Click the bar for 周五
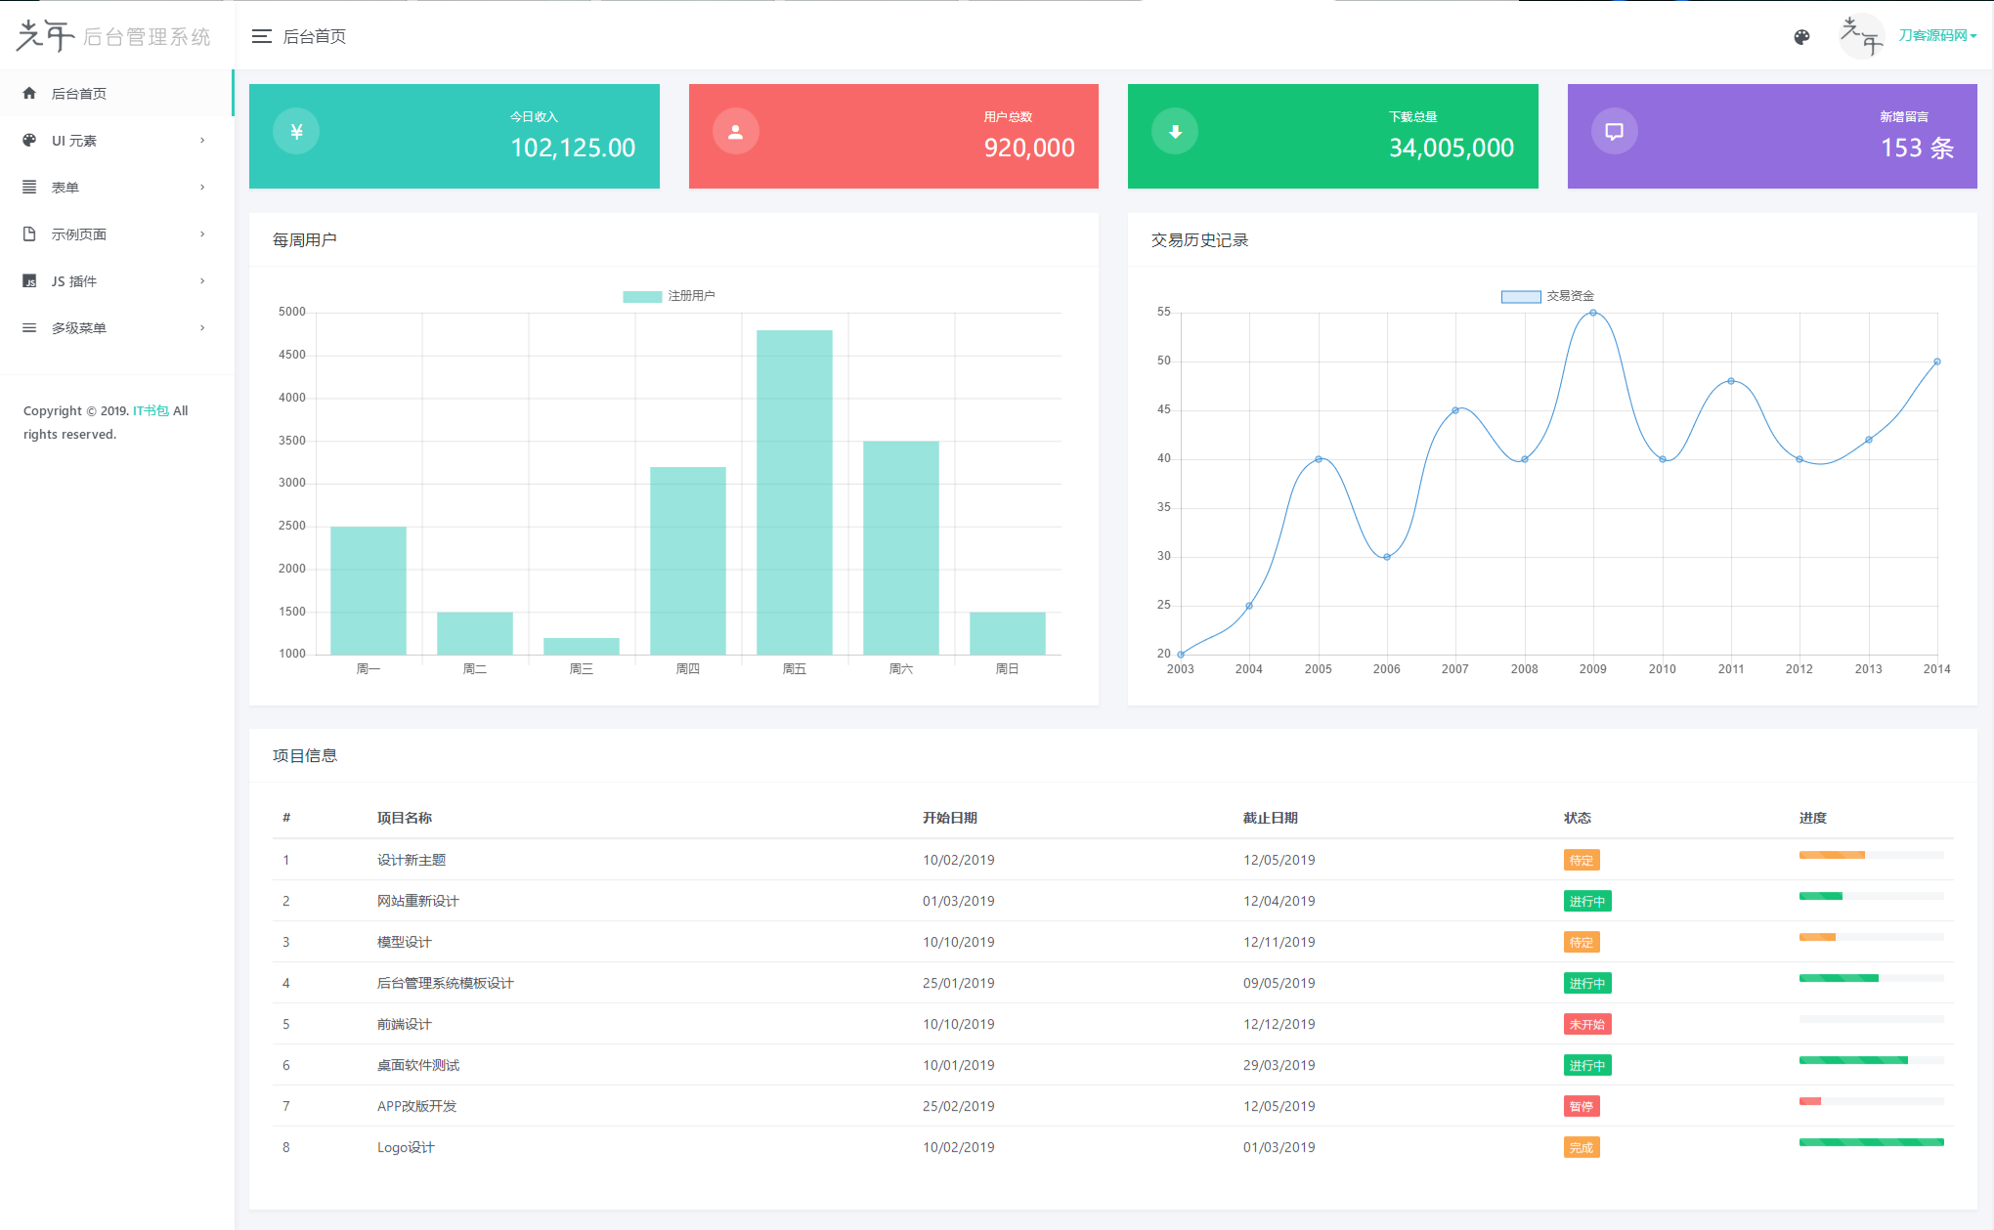coord(794,492)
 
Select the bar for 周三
coord(581,646)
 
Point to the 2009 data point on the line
coord(1593,313)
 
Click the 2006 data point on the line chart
coord(1386,557)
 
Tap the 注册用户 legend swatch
coord(642,296)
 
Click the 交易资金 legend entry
coord(1548,296)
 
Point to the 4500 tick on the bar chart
coord(291,355)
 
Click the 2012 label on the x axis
coord(1799,669)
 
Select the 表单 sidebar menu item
coord(65,188)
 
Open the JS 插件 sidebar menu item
coord(74,281)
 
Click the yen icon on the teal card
coord(296,132)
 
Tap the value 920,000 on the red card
coord(1028,148)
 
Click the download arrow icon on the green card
coord(1175,132)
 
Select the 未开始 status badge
coord(1586,1024)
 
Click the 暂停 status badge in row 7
coord(1581,1106)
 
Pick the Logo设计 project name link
coord(406,1147)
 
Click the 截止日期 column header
coord(1270,818)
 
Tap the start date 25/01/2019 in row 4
coord(958,983)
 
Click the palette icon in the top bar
coord(1801,37)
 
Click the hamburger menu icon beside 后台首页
coord(261,36)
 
